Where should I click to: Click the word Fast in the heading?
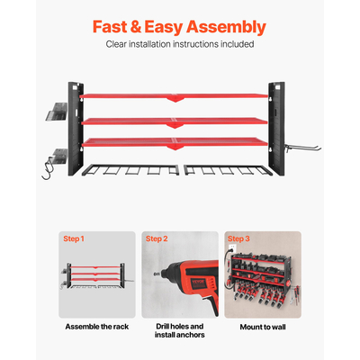[x=110, y=27]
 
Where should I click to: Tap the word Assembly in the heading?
[x=226, y=28]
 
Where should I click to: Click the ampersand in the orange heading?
[x=136, y=27]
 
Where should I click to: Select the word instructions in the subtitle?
[x=195, y=44]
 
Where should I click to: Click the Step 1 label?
[x=74, y=238]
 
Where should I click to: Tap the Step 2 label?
[x=157, y=238]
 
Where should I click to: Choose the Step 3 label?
[x=238, y=238]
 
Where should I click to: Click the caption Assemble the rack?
[x=97, y=327]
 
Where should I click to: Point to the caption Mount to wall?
[x=263, y=327]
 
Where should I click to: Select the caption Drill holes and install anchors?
[x=180, y=330]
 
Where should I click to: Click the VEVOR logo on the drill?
[x=198, y=283]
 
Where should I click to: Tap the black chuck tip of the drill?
[x=157, y=274]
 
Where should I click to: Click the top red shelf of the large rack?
[x=174, y=96]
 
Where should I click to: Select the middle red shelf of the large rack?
[x=175, y=121]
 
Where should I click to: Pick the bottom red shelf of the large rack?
[x=175, y=142]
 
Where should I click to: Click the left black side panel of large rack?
[x=76, y=129]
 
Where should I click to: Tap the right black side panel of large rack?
[x=276, y=129]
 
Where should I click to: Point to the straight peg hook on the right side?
[x=302, y=148]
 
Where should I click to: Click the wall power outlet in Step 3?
[x=232, y=248]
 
